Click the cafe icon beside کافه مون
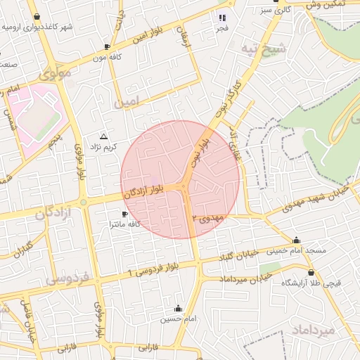coord(107,46)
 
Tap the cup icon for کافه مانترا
coord(125,213)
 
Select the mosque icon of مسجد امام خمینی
coord(296,240)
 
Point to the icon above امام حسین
coord(177,308)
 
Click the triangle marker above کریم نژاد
coord(104,136)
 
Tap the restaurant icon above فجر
coord(222,18)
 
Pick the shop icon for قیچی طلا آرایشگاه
coord(310,272)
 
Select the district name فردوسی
coord(67,278)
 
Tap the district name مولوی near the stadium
coord(56,72)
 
